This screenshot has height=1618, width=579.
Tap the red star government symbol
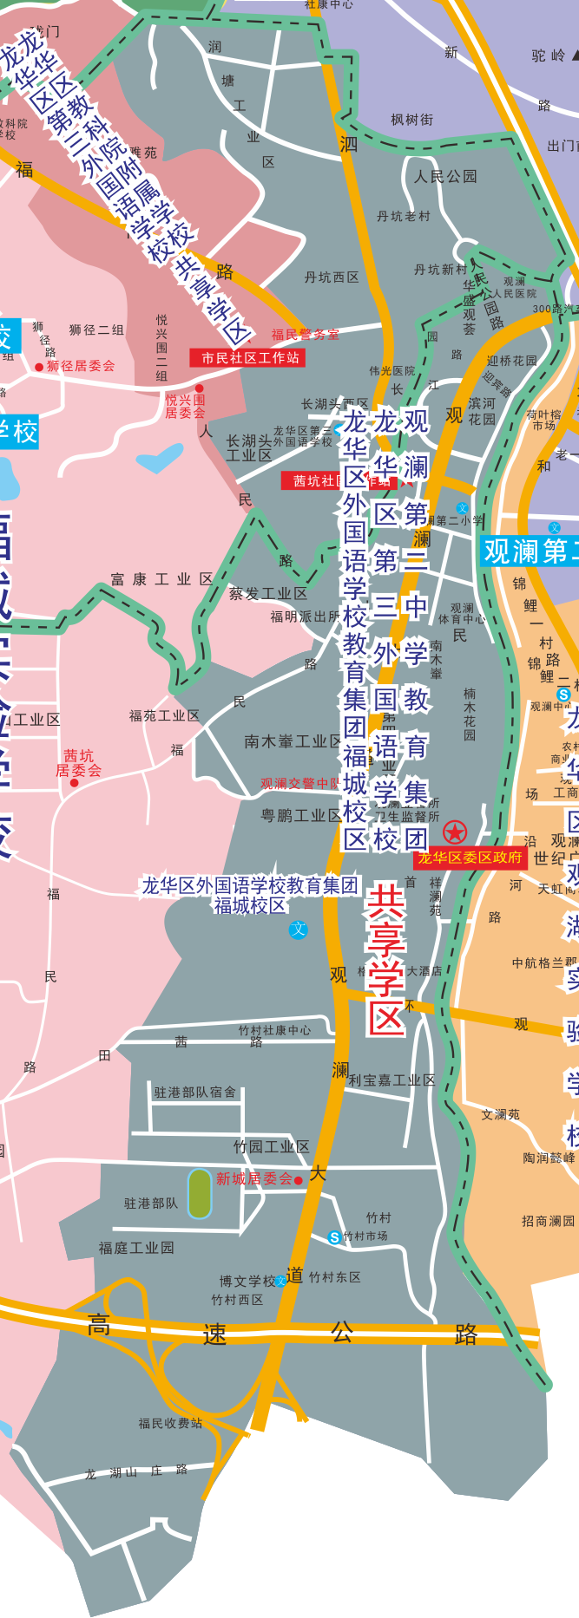coord(455,832)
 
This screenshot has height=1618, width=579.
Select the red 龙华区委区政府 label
coord(470,858)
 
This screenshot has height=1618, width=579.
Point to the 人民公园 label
coord(445,177)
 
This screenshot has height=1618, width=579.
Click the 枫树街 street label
coord(411,120)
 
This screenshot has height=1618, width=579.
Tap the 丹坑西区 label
coord(332,277)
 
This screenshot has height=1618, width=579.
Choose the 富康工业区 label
coord(162,579)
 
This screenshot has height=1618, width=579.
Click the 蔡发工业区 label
coord(267,594)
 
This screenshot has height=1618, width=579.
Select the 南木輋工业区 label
coord(293,741)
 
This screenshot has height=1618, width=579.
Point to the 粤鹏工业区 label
coord(301,815)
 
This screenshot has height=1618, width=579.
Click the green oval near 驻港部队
coord(200,1193)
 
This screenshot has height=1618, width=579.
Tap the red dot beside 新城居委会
coord(299,1180)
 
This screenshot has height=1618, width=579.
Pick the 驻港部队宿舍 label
coord(194,1093)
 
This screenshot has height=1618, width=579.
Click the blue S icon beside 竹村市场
coord(334,1237)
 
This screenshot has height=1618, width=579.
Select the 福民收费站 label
coord(170,1423)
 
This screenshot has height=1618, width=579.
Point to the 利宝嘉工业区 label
coord(391,1080)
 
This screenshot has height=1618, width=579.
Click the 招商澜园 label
coord(548,1221)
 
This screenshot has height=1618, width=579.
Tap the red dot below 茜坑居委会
coord(74,783)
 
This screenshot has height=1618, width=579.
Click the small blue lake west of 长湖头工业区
coord(159,458)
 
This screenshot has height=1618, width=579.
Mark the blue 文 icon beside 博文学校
coord(280,1280)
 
